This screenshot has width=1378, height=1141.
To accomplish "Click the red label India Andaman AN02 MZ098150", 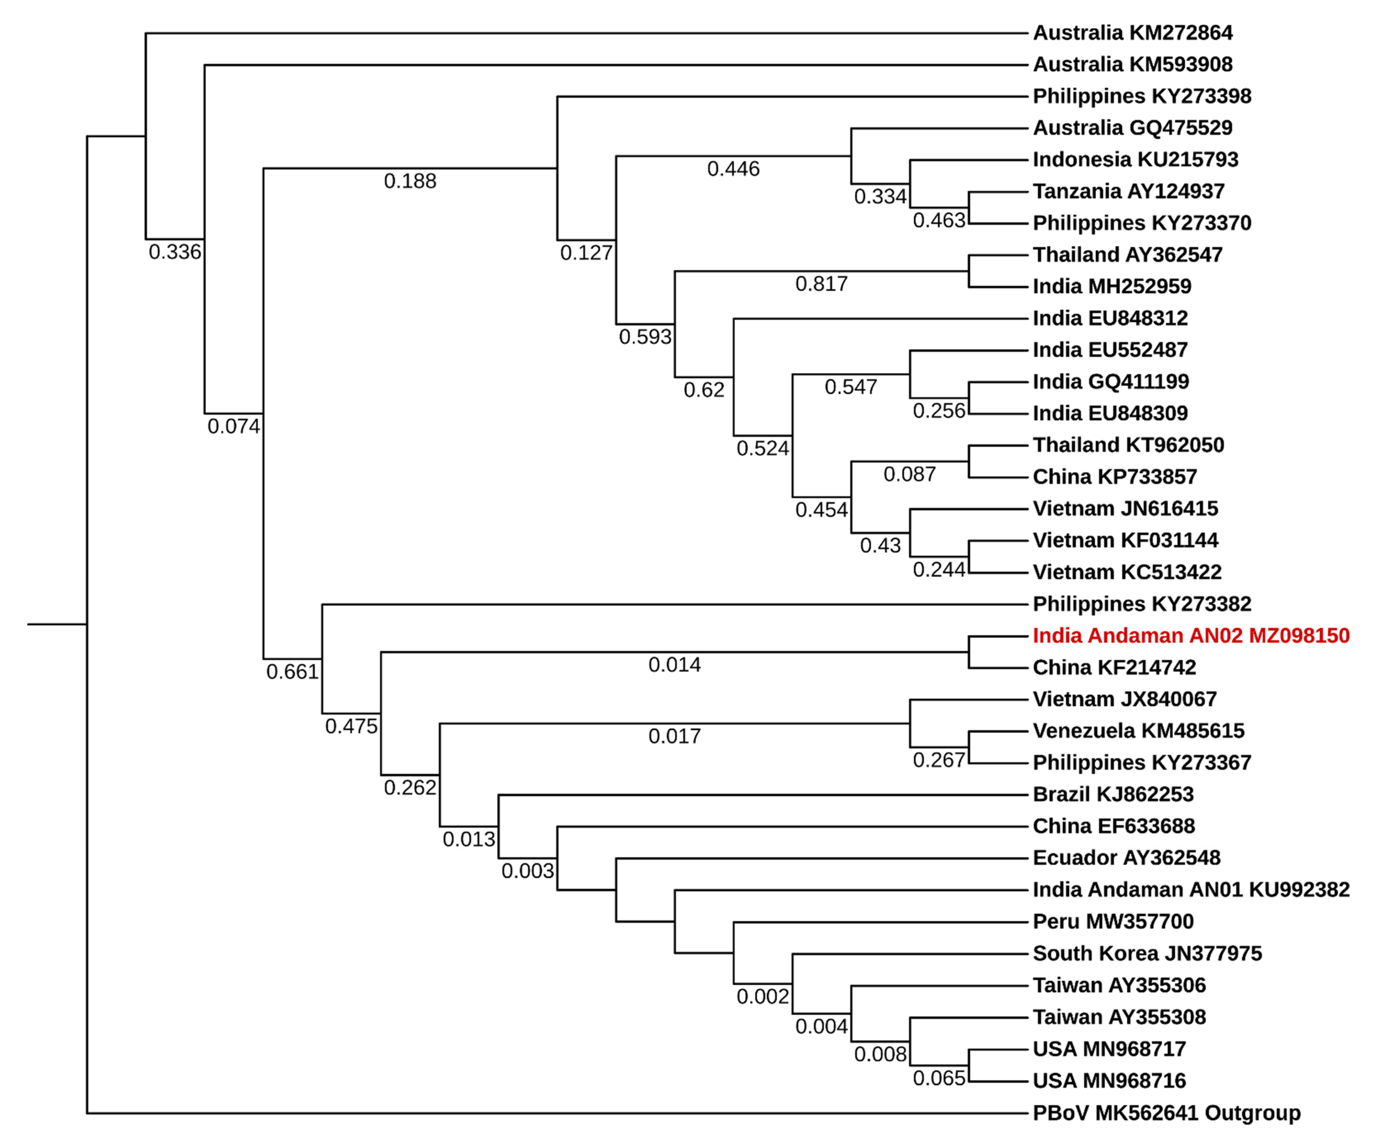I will click(x=1190, y=636).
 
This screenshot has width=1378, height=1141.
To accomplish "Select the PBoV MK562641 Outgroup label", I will click(x=1166, y=1113).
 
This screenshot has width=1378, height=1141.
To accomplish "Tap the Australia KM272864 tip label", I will click(x=1133, y=33).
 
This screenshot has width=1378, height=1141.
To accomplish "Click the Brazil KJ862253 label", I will click(x=1113, y=794).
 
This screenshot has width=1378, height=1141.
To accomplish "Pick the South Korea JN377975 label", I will click(x=1147, y=953).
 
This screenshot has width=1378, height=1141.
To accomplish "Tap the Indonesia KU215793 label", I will click(x=1135, y=159).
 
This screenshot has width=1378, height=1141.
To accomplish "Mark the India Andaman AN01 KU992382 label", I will click(x=1190, y=890).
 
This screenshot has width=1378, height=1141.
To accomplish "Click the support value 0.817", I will click(x=822, y=284).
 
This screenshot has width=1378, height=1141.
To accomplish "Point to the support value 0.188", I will click(x=410, y=181).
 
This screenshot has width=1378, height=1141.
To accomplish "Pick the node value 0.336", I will click(x=174, y=252).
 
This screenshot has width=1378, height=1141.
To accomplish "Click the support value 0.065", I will click(x=939, y=1078).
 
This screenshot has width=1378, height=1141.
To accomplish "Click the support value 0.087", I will click(x=909, y=474).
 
